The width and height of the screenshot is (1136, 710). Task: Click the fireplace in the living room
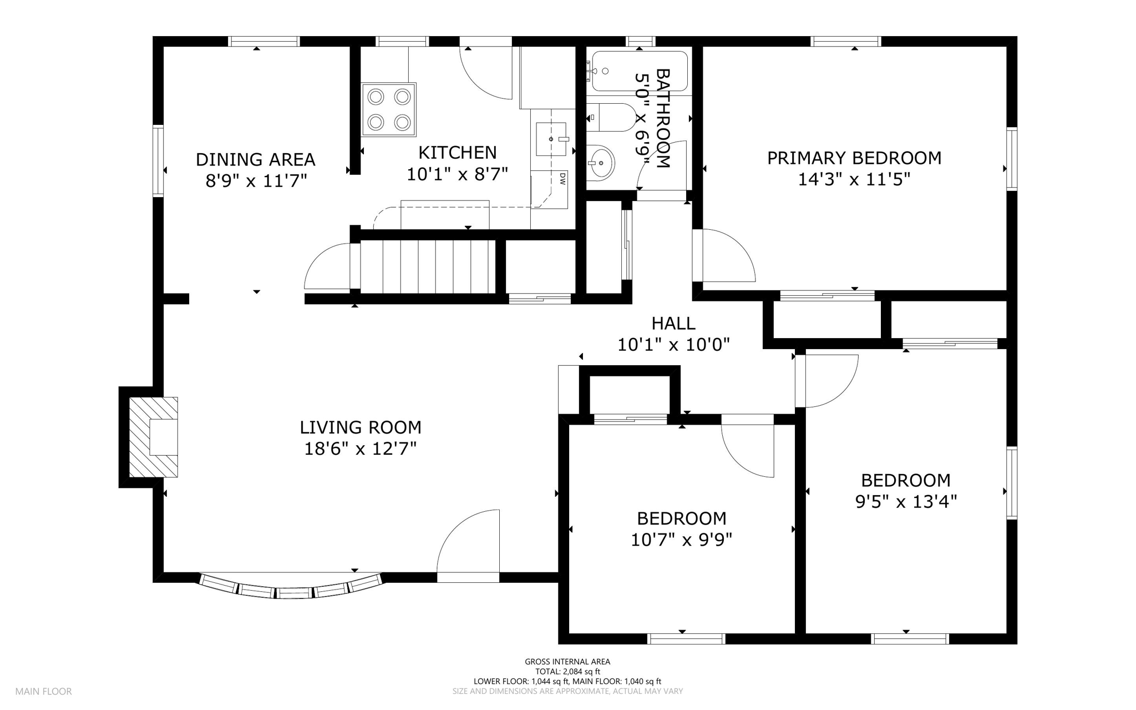[154, 437]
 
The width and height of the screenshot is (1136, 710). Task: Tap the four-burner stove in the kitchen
[389, 109]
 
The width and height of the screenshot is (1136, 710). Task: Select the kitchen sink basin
[551, 139]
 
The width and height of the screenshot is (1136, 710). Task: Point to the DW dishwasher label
[562, 178]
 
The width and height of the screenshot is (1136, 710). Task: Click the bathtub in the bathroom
[640, 71]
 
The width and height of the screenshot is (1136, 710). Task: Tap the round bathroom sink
[601, 163]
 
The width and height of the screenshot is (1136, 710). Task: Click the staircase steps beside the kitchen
[428, 266]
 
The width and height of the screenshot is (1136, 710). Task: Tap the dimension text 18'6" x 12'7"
[361, 449]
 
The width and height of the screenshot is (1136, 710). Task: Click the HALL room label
[673, 323]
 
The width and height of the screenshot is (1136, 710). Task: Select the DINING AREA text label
[256, 160]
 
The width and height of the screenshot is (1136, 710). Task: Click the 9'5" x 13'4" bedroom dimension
[906, 502]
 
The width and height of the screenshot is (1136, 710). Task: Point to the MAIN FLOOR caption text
[43, 692]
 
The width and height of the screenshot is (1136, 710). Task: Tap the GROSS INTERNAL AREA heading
[567, 662]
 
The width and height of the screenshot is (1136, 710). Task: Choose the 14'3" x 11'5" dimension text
[854, 179]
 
